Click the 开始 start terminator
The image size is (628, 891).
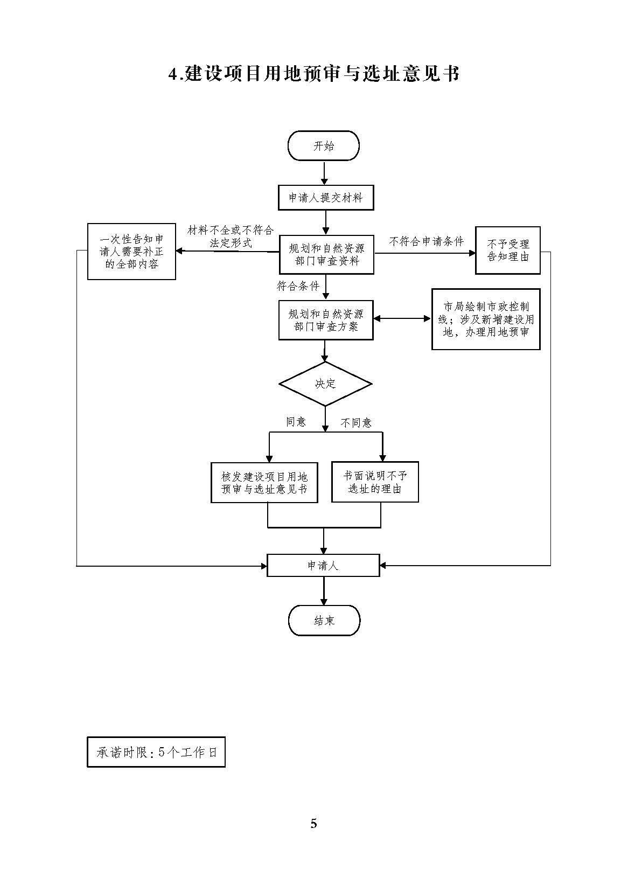pos(323,146)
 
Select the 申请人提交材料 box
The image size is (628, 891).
pos(325,198)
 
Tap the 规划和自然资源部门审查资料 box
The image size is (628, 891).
pos(326,255)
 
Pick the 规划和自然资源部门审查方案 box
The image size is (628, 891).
pos(326,320)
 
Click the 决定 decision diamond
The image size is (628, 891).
pos(325,384)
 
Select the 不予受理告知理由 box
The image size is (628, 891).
pos(507,250)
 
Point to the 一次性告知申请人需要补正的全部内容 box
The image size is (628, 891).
pos(131,252)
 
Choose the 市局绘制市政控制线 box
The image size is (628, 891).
pos(485,319)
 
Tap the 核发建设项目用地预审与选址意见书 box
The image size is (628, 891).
pos(264,483)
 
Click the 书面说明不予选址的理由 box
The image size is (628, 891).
pos(375,483)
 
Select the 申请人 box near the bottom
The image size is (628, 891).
pos(323,566)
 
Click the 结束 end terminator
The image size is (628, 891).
pos(324,621)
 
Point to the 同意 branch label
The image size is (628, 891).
pos(296,422)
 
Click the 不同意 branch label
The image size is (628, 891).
pos(356,423)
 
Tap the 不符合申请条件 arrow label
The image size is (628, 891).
pos(426,242)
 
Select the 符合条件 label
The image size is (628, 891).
pos(298,286)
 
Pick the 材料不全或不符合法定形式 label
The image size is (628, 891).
pos(231,236)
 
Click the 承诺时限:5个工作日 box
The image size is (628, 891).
pos(156,752)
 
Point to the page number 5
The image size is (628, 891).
pos(314,823)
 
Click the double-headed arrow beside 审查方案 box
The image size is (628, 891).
pos(402,319)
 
